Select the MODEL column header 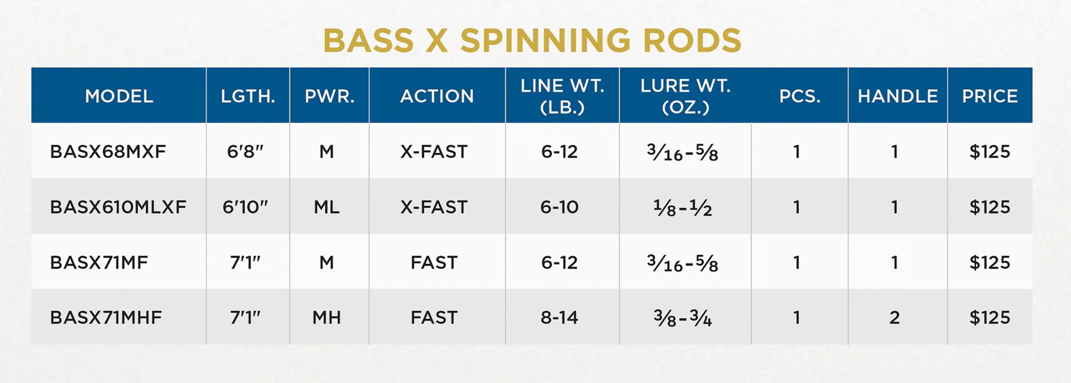[x=119, y=96]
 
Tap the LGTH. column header [x=248, y=96]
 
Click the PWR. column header [x=329, y=96]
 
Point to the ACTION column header [x=437, y=96]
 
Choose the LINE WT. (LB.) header [x=562, y=96]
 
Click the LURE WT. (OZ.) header [x=685, y=96]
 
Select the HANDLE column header [x=897, y=96]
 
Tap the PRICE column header [x=990, y=96]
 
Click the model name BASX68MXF [x=108, y=152]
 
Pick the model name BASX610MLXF [x=118, y=207]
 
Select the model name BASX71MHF [x=106, y=318]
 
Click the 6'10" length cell [x=245, y=207]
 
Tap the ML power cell [x=327, y=207]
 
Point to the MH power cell [x=327, y=318]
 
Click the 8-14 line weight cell [x=559, y=318]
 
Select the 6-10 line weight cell [x=559, y=207]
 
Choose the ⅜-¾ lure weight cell [x=682, y=318]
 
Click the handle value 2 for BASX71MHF [x=894, y=318]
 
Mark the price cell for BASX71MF [x=990, y=262]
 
